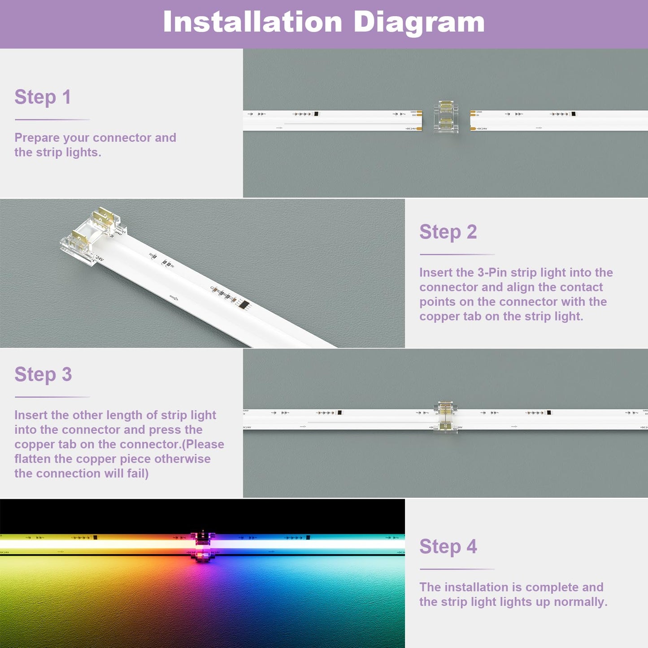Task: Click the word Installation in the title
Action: click(252, 22)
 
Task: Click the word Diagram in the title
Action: click(419, 22)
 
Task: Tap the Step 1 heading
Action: click(43, 97)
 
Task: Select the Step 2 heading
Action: click(448, 232)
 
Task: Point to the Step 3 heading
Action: click(43, 374)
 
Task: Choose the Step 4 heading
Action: click(448, 547)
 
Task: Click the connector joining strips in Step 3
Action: click(446, 418)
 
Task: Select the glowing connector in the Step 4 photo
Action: click(203, 545)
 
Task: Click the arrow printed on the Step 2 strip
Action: click(174, 298)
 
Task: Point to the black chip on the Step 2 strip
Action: click(244, 304)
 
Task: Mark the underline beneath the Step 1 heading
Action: click(52, 120)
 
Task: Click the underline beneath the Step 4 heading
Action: click(457, 569)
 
